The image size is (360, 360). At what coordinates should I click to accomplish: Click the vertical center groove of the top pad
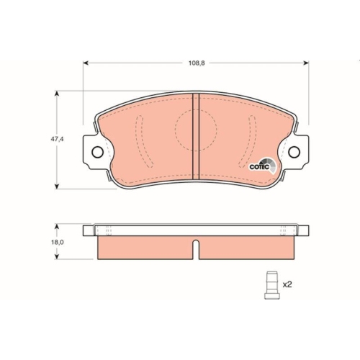tap(197, 137)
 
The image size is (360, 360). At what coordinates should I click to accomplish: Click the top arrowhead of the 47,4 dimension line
tap(57, 93)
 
